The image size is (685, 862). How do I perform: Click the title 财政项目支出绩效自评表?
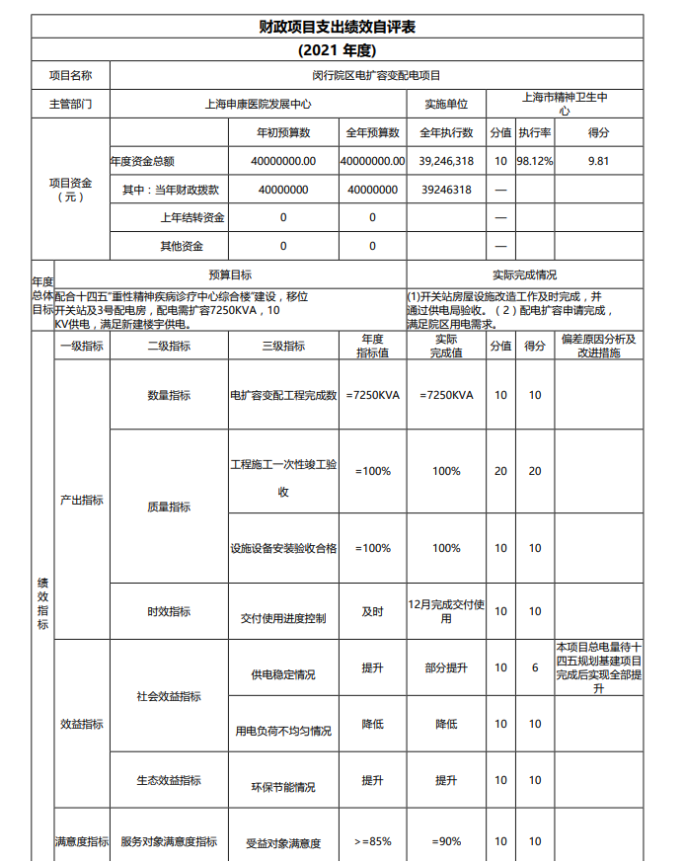point(337,27)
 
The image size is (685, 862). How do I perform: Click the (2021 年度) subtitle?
point(337,49)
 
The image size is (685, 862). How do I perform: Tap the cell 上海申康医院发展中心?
point(258,104)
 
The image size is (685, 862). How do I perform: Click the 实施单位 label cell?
point(446,104)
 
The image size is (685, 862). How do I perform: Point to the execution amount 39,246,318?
point(446,161)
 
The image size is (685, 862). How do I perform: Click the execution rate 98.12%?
point(535,161)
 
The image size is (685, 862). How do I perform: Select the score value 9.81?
point(598,161)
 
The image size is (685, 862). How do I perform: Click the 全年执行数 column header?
point(446,132)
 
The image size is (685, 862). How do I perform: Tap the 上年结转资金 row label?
point(192,217)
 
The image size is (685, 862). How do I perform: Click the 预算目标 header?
point(230,274)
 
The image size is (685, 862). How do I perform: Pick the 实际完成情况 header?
point(524,274)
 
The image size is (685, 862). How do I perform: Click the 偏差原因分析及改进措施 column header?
point(598,346)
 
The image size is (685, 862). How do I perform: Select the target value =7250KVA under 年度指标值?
point(372,395)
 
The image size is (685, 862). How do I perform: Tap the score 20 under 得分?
point(535,471)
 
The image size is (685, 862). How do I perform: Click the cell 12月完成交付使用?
point(446,610)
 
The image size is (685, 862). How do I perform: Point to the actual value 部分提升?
point(446,667)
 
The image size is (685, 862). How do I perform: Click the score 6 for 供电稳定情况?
point(535,667)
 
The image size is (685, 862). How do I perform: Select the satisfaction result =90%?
point(446,841)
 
